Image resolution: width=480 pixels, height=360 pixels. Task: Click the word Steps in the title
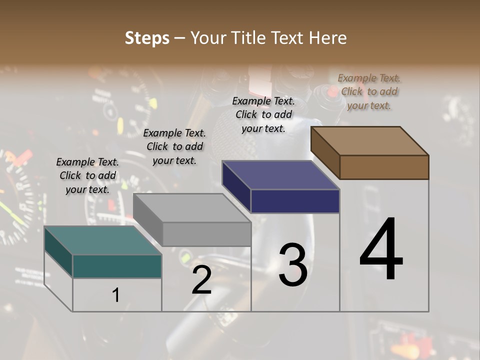[147, 38]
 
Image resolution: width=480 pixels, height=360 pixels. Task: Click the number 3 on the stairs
[292, 265]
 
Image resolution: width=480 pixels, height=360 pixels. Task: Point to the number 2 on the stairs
[201, 280]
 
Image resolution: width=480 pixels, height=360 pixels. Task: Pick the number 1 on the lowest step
[116, 295]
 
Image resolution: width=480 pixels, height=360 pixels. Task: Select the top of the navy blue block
[280, 175]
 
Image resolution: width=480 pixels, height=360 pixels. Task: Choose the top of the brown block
[369, 140]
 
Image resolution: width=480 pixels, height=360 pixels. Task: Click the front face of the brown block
[384, 167]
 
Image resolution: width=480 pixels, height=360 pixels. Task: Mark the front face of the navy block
[295, 201]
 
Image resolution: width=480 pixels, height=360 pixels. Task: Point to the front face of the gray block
[206, 234]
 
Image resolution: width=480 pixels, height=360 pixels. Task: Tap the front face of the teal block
[117, 266]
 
